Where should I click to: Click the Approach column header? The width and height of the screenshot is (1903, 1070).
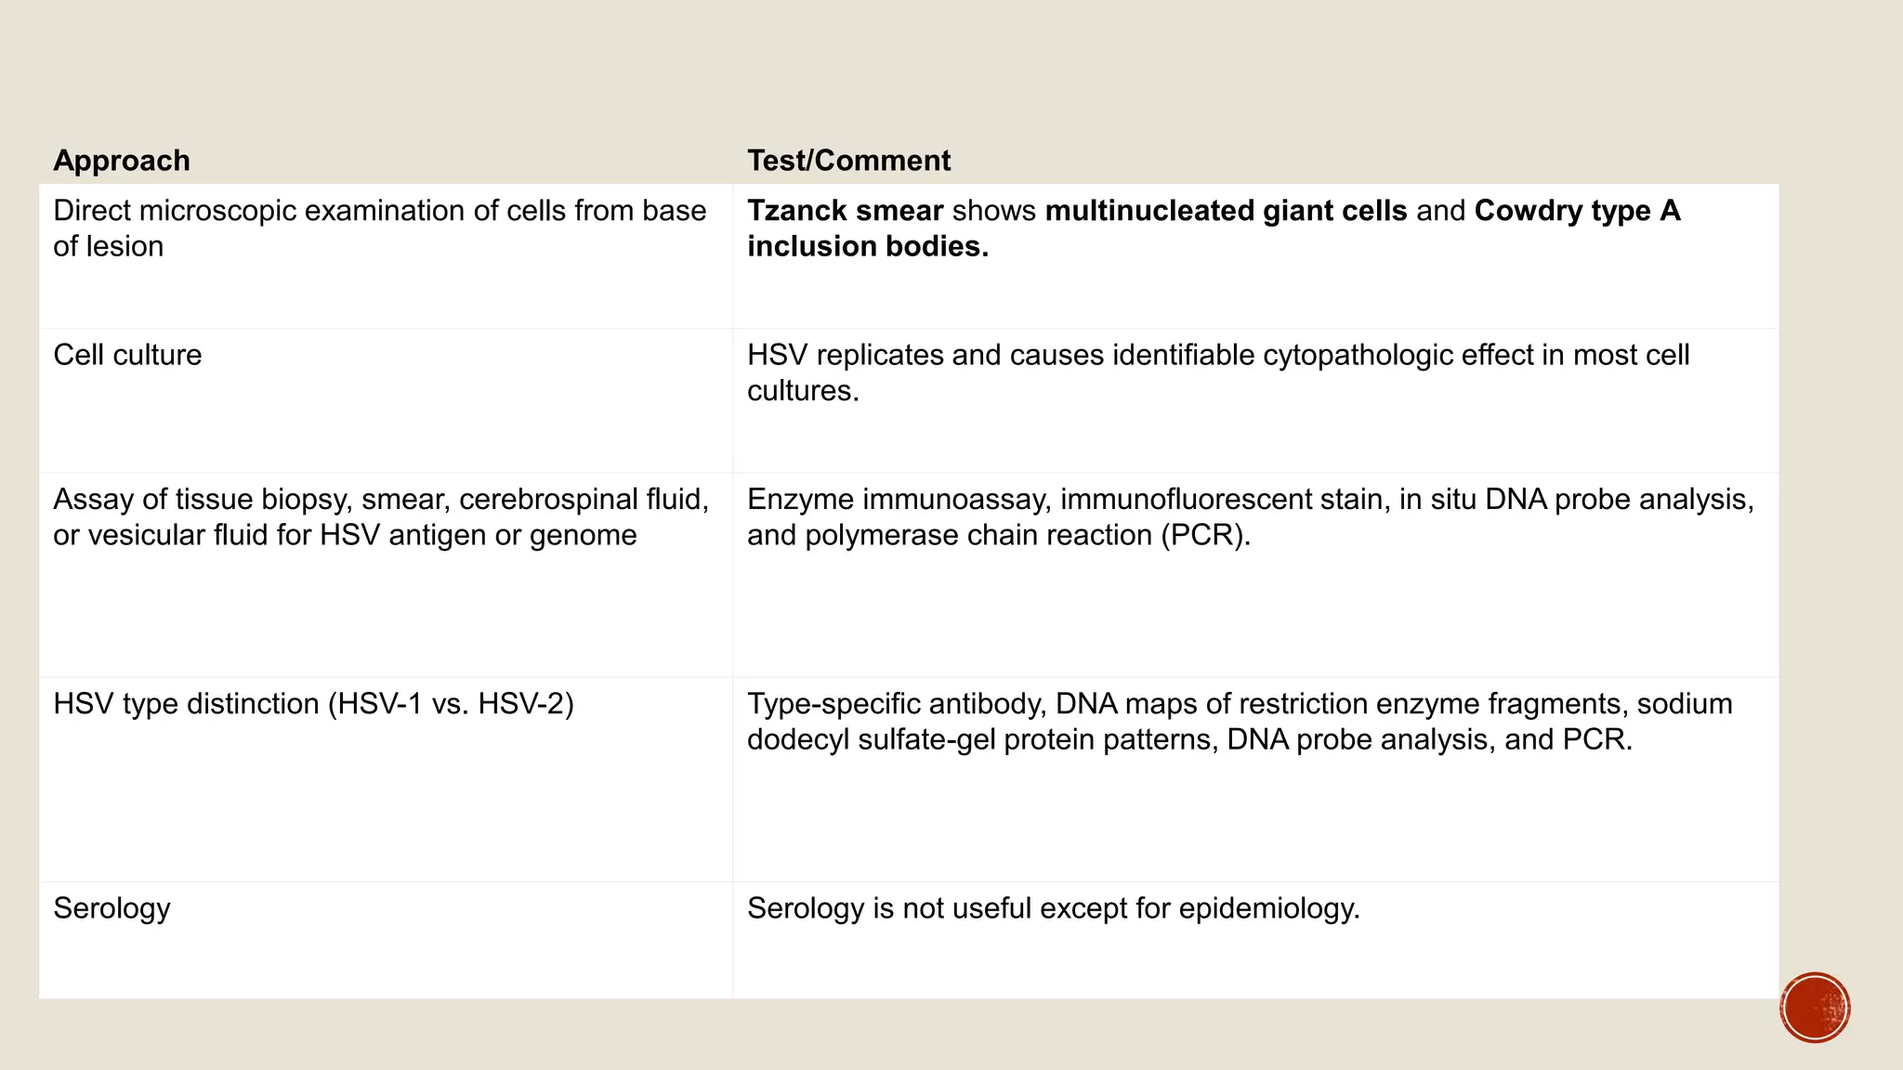coord(122,161)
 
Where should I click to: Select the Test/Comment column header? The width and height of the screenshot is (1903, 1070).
coord(848,161)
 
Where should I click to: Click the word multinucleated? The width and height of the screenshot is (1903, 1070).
coord(1149,211)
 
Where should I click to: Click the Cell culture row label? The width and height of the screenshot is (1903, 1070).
coord(127,355)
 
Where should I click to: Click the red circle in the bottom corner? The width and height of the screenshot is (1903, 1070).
coord(1815,1008)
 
